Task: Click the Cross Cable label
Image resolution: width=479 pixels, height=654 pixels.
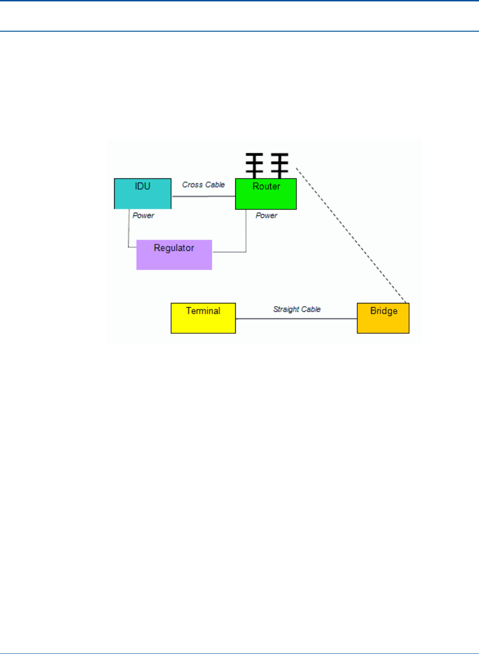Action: point(204,185)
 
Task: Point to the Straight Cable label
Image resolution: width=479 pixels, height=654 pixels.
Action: point(297,309)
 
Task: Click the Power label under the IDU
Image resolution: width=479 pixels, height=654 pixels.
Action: point(143,216)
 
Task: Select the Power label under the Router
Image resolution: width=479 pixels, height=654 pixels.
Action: point(267,216)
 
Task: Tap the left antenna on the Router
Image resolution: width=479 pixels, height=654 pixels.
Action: point(254,165)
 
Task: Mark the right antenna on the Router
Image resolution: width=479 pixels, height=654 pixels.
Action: point(280,165)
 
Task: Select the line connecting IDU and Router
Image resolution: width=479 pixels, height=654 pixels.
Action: point(204,196)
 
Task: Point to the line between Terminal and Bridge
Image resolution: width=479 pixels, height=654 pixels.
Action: point(296,319)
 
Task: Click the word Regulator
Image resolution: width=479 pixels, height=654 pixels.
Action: point(174,248)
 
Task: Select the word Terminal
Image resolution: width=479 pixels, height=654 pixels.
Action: point(203,311)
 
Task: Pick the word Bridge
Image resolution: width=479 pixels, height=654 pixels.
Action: point(383,311)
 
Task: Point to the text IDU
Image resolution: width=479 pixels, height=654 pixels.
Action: point(143,186)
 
